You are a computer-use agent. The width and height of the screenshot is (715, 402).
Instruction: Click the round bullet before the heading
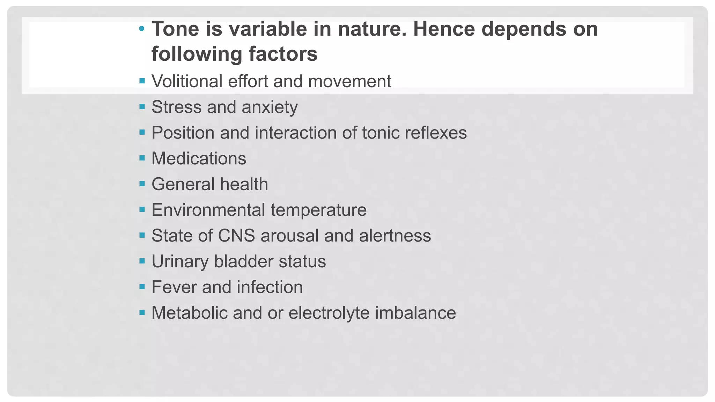coord(141,29)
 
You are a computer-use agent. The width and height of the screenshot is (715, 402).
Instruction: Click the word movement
coord(349,81)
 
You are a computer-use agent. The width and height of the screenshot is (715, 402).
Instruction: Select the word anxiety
coord(270,107)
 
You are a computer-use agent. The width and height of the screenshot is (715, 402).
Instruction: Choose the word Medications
coord(199,158)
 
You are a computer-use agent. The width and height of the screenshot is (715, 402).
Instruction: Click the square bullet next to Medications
coord(142,158)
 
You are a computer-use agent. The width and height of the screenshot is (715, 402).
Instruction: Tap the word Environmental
coord(208,210)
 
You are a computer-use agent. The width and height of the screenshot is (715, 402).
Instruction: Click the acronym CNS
coord(236,236)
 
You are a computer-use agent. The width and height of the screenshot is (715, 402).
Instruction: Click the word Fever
coord(174,287)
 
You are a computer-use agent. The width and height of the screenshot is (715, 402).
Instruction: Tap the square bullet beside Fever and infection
coord(142,287)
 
